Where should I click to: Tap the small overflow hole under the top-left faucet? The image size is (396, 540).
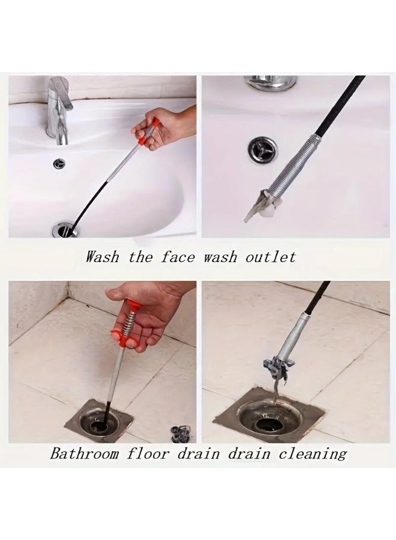(x=60, y=162)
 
